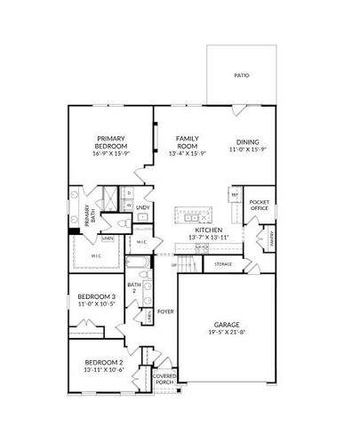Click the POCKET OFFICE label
click(260, 205)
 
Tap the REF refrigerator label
click(235, 194)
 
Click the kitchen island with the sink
click(192, 215)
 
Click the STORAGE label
click(224, 264)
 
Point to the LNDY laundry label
click(142, 208)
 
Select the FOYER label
click(165, 311)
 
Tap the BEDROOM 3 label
click(96, 296)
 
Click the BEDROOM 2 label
click(103, 362)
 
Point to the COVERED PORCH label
click(164, 379)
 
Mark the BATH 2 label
click(135, 286)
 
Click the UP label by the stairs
click(173, 265)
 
